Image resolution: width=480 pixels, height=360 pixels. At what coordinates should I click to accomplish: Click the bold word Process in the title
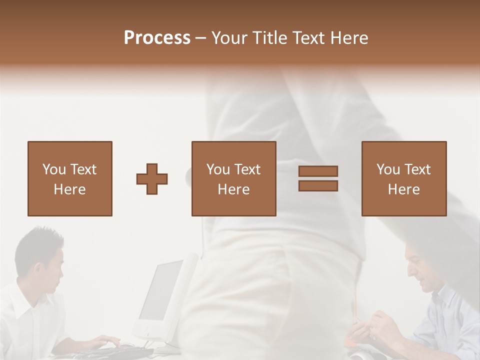[x=157, y=38]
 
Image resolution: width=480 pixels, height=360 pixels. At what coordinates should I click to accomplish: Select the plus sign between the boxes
[x=152, y=179]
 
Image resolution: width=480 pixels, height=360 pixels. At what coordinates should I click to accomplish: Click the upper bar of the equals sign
[x=318, y=171]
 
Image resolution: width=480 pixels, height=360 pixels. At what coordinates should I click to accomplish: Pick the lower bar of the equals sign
[x=318, y=185]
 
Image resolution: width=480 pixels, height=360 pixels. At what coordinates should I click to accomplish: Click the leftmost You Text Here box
[x=69, y=178]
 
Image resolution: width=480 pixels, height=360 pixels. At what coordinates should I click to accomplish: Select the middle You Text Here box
[x=233, y=178]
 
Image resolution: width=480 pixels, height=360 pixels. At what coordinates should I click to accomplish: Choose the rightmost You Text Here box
[x=403, y=178]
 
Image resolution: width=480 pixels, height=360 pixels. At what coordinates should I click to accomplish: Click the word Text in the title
[x=308, y=38]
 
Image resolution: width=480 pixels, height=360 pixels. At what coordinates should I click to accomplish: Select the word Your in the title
[x=229, y=38]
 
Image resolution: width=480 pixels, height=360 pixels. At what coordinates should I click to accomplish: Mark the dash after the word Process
[x=200, y=38]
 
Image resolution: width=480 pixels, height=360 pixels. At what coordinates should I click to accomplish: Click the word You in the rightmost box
[x=388, y=169]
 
